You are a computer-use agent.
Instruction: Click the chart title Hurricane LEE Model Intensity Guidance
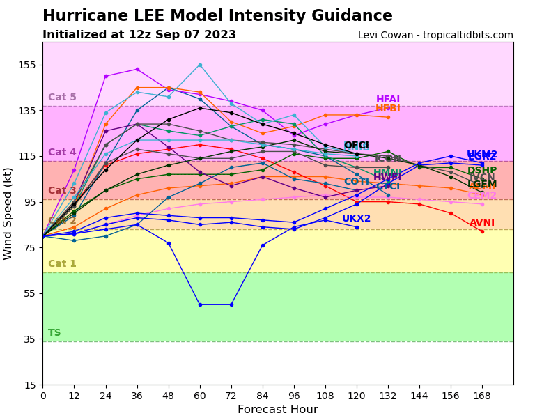pos(217,16)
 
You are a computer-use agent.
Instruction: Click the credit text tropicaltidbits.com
pos(435,36)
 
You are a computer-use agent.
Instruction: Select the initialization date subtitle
pos(139,35)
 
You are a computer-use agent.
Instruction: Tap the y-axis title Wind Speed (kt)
pos(8,213)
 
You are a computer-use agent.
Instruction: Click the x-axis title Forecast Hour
pos(277,410)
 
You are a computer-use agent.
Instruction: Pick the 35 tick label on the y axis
pos(29,339)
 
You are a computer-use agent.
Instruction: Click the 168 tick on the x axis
pos(482,396)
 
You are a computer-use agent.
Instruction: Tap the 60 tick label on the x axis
pos(200,396)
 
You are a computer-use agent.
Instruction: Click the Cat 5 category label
pos(62,98)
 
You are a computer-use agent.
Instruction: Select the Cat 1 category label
pos(62,264)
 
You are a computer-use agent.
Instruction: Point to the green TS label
pos(54,333)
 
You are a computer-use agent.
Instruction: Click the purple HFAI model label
pos(388,100)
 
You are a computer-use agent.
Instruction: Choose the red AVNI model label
pos(482,223)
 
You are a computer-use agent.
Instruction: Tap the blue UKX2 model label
pos(356,219)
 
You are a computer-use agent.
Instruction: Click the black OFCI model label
pos(356,146)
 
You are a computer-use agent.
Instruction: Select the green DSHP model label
pos(482,171)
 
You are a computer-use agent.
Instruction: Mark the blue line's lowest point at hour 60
pos(200,304)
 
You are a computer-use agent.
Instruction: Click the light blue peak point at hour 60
pos(200,65)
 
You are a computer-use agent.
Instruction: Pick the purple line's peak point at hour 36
pos(137,69)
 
